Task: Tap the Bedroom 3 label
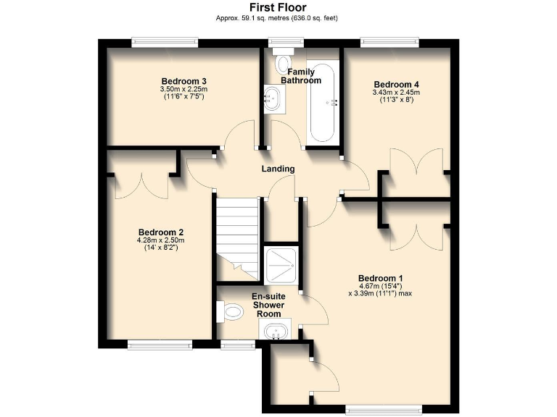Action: pyautogui.click(x=184, y=80)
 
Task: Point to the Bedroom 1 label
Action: pyautogui.click(x=380, y=278)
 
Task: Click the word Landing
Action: pyautogui.click(x=278, y=169)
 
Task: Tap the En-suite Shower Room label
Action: pyautogui.click(x=267, y=305)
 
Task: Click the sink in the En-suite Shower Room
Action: pyautogui.click(x=275, y=332)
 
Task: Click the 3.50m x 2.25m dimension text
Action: pyautogui.click(x=184, y=89)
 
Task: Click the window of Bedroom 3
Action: pyautogui.click(x=165, y=43)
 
